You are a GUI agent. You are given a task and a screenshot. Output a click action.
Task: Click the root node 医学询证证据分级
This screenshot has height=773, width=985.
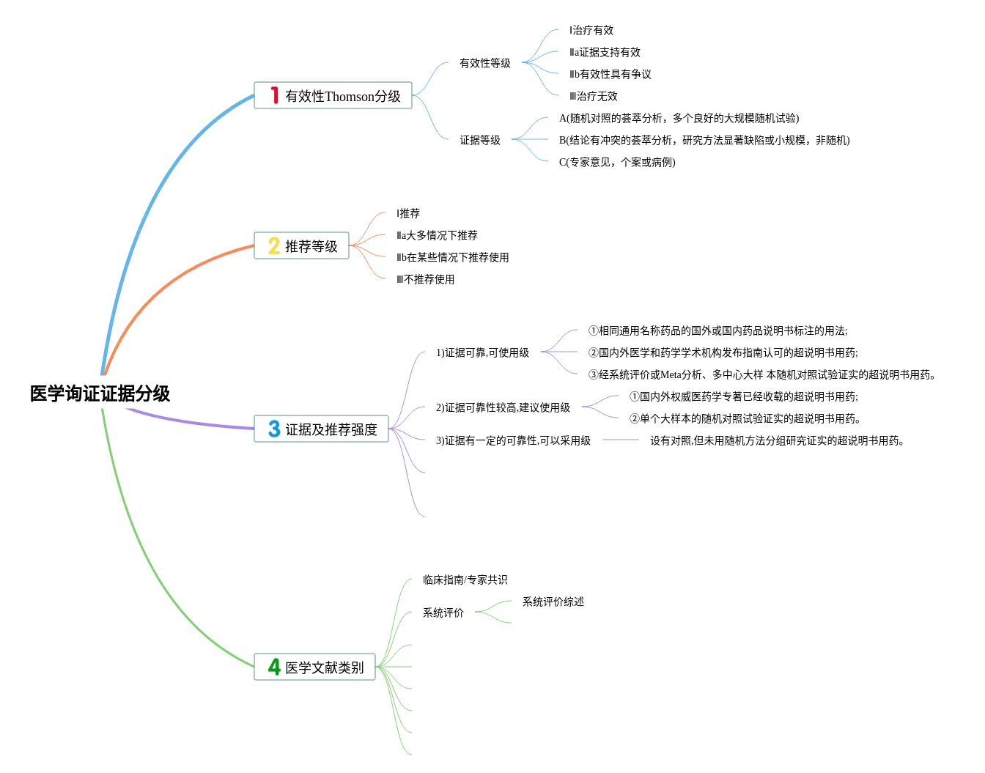click(100, 393)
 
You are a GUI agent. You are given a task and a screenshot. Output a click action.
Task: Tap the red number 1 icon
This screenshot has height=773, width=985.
click(274, 95)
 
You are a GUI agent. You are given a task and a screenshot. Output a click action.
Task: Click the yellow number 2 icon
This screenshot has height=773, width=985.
click(274, 245)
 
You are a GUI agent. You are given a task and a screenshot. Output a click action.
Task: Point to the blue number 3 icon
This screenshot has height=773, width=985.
click(274, 429)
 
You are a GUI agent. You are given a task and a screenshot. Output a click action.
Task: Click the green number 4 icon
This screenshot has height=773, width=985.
click(274, 667)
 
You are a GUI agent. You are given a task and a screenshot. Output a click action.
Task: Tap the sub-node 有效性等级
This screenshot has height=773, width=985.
click(484, 63)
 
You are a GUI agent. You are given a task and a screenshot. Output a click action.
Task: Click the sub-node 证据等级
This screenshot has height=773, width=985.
click(479, 140)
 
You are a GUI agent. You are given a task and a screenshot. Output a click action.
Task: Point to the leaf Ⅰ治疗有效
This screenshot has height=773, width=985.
click(591, 30)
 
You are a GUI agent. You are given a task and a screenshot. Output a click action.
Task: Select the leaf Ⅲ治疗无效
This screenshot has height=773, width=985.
click(593, 96)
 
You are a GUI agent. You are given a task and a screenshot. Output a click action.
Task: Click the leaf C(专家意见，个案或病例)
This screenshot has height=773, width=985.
click(616, 162)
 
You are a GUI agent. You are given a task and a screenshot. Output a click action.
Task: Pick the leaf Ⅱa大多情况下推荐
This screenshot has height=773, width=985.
click(437, 235)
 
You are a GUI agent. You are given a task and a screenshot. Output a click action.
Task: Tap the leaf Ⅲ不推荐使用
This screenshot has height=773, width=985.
click(425, 279)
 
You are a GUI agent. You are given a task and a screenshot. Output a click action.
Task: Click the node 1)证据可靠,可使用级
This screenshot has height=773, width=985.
click(482, 352)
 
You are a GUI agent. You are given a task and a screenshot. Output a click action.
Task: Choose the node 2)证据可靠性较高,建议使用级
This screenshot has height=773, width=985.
click(503, 407)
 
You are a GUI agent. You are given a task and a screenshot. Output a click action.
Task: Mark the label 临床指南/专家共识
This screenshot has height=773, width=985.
click(465, 580)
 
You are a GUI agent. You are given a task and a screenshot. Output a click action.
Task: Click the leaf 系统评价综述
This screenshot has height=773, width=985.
click(553, 602)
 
